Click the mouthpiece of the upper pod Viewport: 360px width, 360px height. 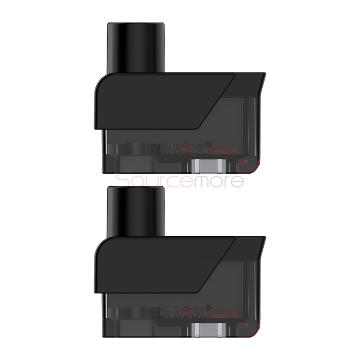(x=137, y=45)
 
